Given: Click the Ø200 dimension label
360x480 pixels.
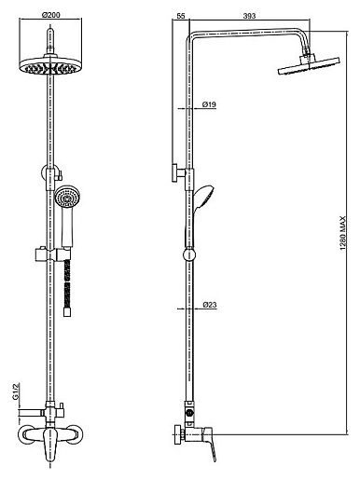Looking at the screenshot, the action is coord(51,14).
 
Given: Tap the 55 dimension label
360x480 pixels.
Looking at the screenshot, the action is coord(181,16).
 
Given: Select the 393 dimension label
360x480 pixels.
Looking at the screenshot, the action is coord(249,16).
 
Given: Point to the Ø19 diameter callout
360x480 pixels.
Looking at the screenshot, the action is coord(209,104).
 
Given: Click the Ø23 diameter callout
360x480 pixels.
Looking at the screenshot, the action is coord(210,305).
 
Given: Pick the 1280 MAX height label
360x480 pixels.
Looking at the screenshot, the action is coord(342,233).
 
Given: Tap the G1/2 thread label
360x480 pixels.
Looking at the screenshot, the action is coord(16,391).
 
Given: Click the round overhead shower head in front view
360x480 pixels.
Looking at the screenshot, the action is coord(50,66).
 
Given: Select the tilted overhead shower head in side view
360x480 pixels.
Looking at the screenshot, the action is coord(309,64).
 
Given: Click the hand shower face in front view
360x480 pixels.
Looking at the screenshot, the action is coord(67,197).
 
